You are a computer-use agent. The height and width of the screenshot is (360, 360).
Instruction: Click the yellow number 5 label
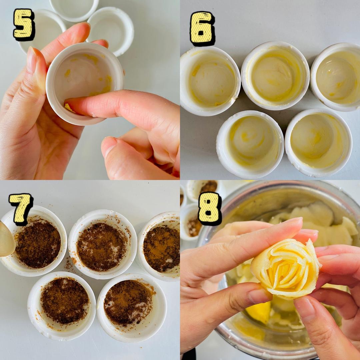coord(24,24)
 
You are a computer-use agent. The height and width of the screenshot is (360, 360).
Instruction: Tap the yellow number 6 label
coord(202,28)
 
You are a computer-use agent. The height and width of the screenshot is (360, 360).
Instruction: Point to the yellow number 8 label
coord(209,208)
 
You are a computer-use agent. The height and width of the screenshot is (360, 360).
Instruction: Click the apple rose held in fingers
coord(286,269)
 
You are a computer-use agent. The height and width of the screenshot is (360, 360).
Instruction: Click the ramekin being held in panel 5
coord(85,84)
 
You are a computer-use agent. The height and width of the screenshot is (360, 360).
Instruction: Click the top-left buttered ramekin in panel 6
coord(210,81)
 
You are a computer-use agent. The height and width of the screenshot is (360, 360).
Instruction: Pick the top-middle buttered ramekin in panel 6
coord(275,76)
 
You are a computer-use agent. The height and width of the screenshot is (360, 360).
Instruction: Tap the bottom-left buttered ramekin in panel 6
coord(250,145)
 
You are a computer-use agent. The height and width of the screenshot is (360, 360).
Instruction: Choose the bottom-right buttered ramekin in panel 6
coord(318,143)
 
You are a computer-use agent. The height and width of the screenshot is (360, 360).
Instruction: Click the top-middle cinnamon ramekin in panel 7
coord(103,244)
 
